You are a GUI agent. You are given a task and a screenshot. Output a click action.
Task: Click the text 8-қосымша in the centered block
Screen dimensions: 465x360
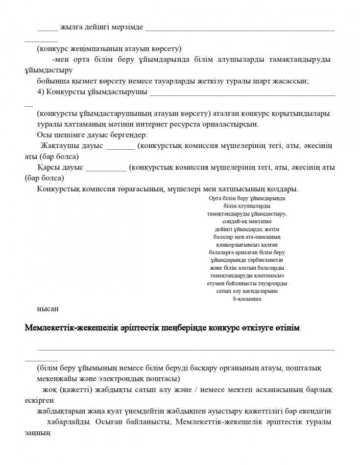(x=247, y=299)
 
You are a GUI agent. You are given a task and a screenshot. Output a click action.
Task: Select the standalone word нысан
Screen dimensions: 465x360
(x=48, y=309)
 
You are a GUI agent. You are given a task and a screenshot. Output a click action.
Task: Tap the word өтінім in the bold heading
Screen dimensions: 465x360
(x=287, y=327)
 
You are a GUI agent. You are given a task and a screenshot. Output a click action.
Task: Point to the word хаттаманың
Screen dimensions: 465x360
(x=83, y=124)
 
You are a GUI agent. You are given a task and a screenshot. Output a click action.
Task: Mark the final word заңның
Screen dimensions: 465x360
(x=38, y=433)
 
